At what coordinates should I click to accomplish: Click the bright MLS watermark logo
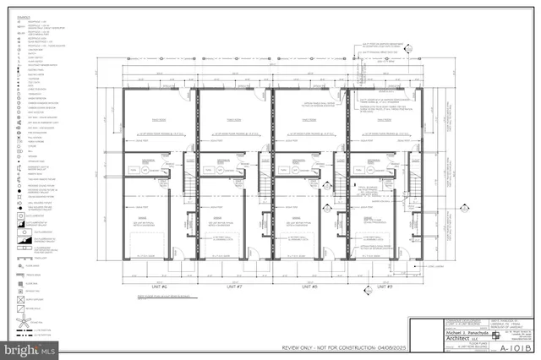click(x=27, y=346)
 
